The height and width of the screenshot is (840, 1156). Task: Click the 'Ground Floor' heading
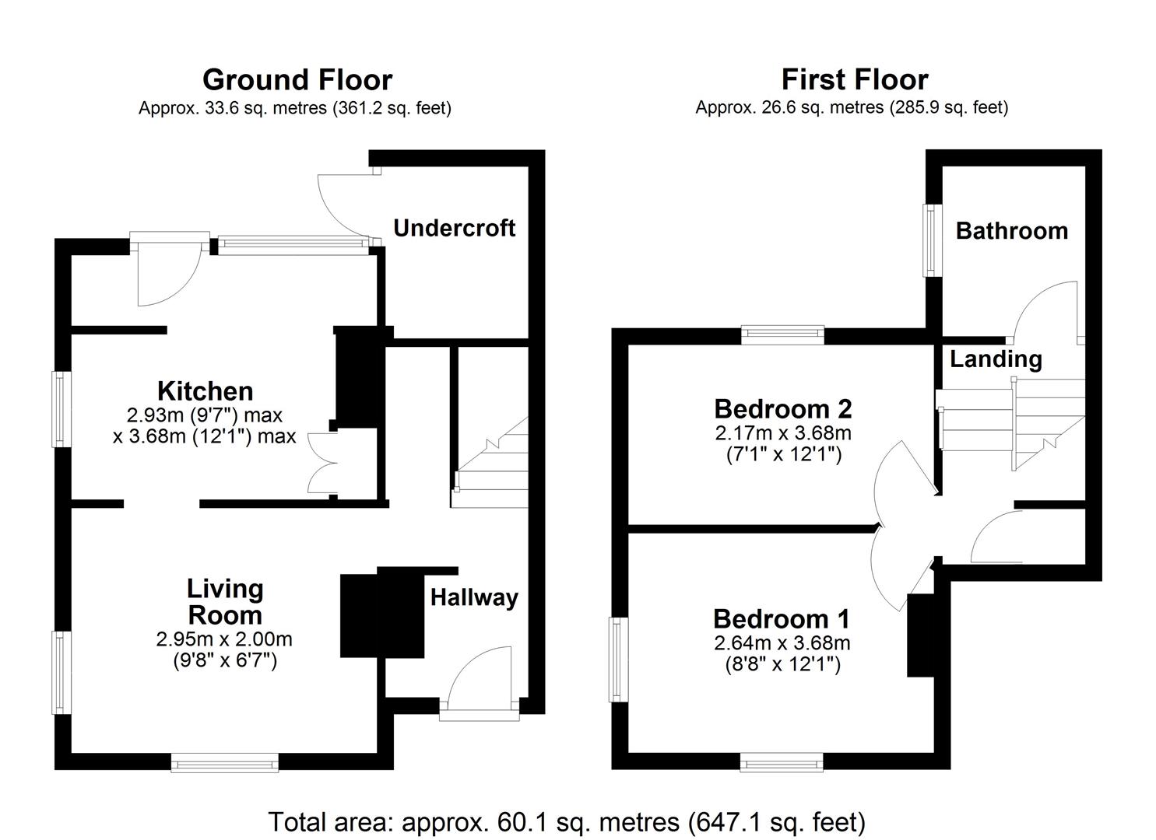coord(297,80)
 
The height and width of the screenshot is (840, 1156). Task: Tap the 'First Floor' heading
coord(854,80)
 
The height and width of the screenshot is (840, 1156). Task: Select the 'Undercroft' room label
coord(454,228)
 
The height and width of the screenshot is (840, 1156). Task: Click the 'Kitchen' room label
coord(205,390)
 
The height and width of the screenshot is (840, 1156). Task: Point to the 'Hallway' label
coord(474,597)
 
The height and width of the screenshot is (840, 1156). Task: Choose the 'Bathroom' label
coord(1011,231)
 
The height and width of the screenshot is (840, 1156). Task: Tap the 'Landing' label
coord(996,359)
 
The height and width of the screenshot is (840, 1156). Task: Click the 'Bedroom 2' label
coord(782,408)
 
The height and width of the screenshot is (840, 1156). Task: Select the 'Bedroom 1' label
coord(782,619)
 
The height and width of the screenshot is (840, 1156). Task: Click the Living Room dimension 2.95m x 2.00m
coord(224,640)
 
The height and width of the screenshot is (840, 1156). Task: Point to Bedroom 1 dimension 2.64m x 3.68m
coord(782,644)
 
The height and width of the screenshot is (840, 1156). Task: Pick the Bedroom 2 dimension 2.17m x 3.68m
coord(782,433)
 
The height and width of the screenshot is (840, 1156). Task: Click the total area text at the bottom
coord(567,822)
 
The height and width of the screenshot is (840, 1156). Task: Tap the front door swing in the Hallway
coord(478,677)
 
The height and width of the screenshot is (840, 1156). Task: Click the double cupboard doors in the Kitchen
coord(323,463)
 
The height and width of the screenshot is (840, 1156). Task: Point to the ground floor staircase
coord(490,467)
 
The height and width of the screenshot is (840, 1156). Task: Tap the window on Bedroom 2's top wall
coord(782,335)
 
